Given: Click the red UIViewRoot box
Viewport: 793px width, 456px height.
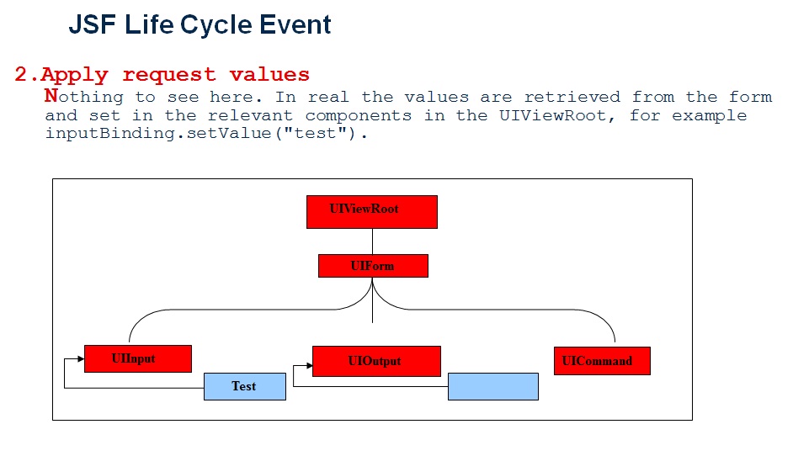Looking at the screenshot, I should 371,211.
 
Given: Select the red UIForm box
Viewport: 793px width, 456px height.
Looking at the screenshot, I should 373,266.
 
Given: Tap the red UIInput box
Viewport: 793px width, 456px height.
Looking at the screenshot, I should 138,358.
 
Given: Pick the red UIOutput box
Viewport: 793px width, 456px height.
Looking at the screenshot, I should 376,361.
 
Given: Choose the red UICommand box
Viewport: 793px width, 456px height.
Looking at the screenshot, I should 602,361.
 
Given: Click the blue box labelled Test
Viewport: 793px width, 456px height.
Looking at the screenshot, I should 245,386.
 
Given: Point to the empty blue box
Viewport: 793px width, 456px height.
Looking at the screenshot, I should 492,386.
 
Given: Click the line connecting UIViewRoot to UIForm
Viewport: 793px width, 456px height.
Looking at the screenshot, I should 372,241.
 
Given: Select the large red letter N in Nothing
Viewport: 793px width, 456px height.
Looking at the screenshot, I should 51,96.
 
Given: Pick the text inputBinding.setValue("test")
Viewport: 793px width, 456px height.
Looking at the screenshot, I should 206,134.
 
